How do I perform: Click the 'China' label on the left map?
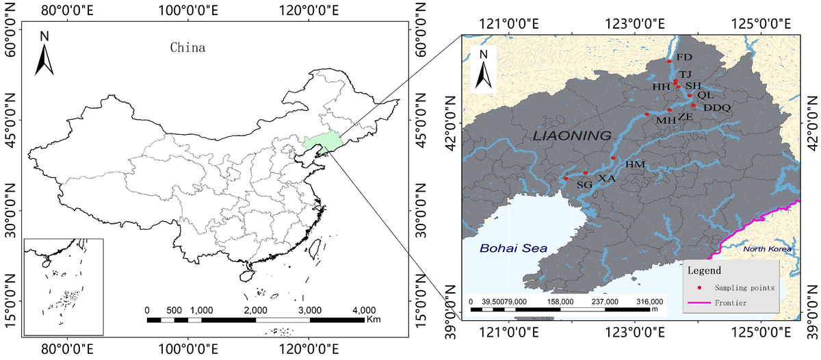[187, 48]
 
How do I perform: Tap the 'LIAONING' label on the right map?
[572, 136]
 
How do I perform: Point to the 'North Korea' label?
[767, 249]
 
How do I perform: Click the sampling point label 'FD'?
[684, 57]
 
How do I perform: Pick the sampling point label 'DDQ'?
[717, 107]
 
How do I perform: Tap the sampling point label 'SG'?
[584, 185]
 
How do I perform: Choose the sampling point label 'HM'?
[636, 164]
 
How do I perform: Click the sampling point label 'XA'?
[607, 178]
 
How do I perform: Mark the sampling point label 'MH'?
[666, 120]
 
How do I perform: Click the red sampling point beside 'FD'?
[669, 61]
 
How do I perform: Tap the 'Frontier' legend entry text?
[731, 302]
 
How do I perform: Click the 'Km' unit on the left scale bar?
[374, 320]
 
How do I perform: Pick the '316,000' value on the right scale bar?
[650, 301]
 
